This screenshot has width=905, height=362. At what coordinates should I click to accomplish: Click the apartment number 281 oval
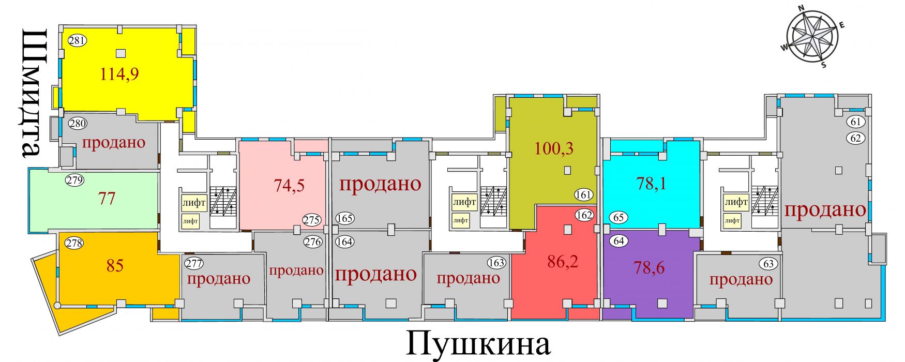77,40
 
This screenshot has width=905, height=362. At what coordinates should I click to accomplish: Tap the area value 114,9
119,74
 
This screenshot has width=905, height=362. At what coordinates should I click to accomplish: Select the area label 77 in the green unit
107,198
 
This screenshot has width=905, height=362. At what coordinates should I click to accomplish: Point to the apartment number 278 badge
75,243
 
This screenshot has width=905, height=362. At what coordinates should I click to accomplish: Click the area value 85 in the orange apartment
115,266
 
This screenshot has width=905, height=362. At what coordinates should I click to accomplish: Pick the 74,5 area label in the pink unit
289,185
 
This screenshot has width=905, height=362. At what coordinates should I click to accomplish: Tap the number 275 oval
311,220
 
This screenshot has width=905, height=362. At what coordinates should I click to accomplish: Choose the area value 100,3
554,149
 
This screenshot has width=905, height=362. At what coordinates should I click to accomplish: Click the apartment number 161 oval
584,195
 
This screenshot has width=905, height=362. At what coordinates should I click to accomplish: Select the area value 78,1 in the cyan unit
651,184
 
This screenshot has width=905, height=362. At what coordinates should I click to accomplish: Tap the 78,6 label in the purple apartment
649,267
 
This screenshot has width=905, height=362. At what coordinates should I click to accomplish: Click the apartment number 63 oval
769,264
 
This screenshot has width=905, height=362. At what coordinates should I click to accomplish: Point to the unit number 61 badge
856,122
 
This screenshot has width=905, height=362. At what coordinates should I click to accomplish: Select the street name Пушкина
479,344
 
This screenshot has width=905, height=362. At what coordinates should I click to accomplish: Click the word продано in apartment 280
114,142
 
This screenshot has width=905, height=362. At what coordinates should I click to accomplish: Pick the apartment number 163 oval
496,263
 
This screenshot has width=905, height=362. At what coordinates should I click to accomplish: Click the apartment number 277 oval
194,264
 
